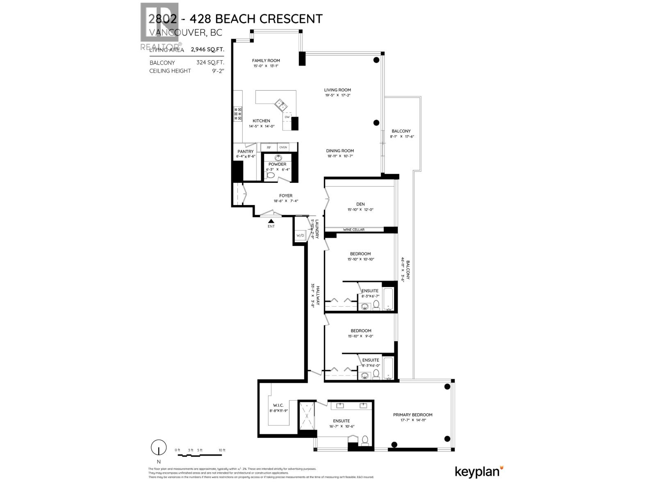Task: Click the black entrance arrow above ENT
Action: (x=271, y=221)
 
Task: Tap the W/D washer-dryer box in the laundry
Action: (x=300, y=235)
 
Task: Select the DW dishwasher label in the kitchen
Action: (x=287, y=117)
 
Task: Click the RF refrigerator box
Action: (x=269, y=147)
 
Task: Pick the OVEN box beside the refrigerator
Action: (x=283, y=147)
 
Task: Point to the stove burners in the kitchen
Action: (x=238, y=114)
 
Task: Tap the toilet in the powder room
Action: (x=270, y=175)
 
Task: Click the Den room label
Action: (x=360, y=204)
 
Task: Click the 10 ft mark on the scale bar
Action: (x=222, y=450)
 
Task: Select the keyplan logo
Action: (x=479, y=472)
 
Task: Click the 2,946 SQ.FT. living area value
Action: (x=207, y=50)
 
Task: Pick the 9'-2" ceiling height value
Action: (x=216, y=71)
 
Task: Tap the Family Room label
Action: (x=266, y=60)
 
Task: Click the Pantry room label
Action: (x=246, y=152)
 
